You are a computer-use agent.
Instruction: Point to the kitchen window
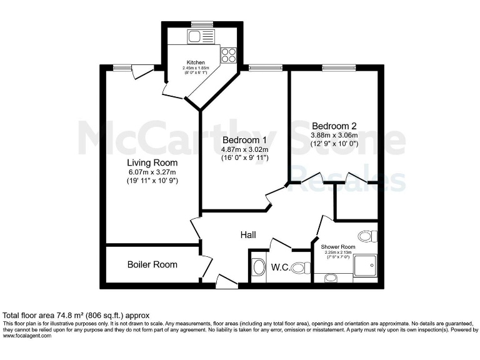point(202,24)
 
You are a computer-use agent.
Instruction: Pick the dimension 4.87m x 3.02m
point(244,149)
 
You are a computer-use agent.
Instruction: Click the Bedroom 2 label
point(334,125)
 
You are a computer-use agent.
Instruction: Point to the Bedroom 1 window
point(257,67)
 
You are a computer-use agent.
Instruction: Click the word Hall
point(248,234)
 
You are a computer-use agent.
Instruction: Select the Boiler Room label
point(152,264)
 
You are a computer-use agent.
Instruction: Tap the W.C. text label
point(280,269)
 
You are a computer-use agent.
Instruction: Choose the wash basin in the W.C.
point(257,269)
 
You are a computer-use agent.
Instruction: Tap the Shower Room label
point(337,247)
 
